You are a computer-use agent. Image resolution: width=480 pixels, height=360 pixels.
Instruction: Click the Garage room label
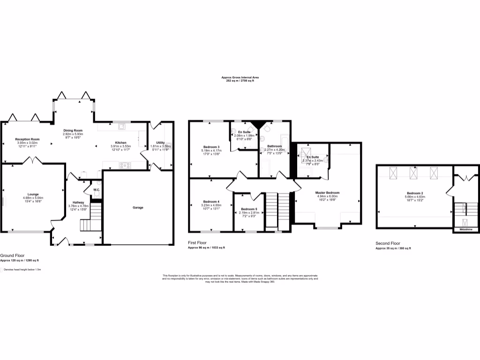coord(138,207)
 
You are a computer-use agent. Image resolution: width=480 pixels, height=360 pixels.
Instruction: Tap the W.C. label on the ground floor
coord(96,190)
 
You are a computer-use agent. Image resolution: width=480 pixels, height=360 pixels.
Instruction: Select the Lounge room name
coord(33,194)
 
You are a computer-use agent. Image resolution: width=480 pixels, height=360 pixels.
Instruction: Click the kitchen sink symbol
coord(121,126)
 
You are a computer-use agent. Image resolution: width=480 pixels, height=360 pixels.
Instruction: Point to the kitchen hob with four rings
coord(125,165)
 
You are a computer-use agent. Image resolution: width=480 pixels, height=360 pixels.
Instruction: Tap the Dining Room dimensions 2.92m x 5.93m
coord(73,134)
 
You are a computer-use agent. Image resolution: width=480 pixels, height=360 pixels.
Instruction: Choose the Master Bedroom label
coord(327,193)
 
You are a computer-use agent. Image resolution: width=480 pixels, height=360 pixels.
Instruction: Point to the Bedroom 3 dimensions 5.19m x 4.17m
coord(212,150)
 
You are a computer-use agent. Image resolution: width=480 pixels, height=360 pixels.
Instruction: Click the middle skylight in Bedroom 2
coord(414,172)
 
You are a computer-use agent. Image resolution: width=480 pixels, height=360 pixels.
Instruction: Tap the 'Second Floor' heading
coord(388,243)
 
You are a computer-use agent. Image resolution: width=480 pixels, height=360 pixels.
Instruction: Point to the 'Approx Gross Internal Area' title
coord(240,77)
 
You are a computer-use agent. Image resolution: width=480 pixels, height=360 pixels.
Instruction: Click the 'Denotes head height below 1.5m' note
coord(22,270)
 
